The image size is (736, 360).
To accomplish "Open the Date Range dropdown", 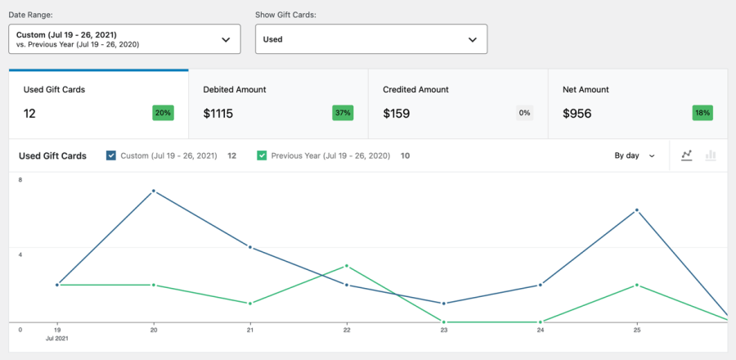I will point(124,39).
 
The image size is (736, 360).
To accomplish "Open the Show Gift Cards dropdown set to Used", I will point(370,39).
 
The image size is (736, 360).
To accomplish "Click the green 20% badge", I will point(163,113).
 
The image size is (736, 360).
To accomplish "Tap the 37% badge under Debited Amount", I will point(343,113).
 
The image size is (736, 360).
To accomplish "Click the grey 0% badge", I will point(524,113).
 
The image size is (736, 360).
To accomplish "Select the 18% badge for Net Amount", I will point(702,113).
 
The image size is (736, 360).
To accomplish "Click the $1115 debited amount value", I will point(218,114).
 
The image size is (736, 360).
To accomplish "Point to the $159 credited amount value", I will point(397,114).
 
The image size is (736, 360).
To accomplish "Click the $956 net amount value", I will point(577,114).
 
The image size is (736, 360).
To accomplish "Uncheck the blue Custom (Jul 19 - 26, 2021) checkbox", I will point(111,155).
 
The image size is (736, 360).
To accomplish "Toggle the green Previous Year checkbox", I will point(262,155).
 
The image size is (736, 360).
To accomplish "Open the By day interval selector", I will point(635,155).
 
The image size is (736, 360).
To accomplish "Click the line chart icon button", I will point(687,155).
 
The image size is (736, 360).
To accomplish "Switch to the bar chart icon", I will point(711,155).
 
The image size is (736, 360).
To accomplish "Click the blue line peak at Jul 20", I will point(154,191).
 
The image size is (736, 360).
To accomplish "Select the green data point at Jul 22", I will point(347,266).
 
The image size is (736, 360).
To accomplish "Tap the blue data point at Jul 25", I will point(637,210).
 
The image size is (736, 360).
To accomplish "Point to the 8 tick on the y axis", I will point(20,179).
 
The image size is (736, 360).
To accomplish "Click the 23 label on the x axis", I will point(444,331).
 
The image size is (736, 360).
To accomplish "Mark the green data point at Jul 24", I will point(541,322).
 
